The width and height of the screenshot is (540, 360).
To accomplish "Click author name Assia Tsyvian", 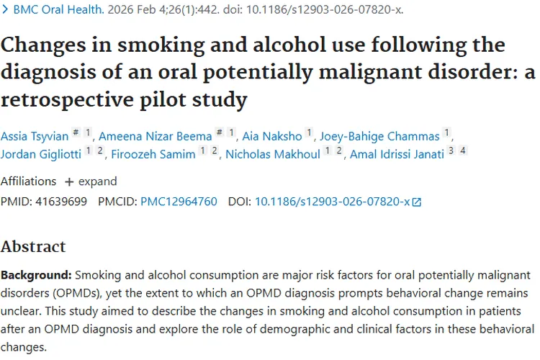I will click(x=32, y=135).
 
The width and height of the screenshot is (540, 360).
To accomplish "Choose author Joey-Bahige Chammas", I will click(x=379, y=135).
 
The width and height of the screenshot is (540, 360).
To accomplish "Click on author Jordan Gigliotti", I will click(x=40, y=154).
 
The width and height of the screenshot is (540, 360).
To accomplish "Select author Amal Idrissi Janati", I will click(x=397, y=154).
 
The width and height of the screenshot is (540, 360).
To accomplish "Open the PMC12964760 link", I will click(x=179, y=202).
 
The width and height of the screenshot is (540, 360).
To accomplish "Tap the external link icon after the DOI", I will click(x=416, y=202).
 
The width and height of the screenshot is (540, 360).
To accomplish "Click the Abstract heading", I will click(x=33, y=246).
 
